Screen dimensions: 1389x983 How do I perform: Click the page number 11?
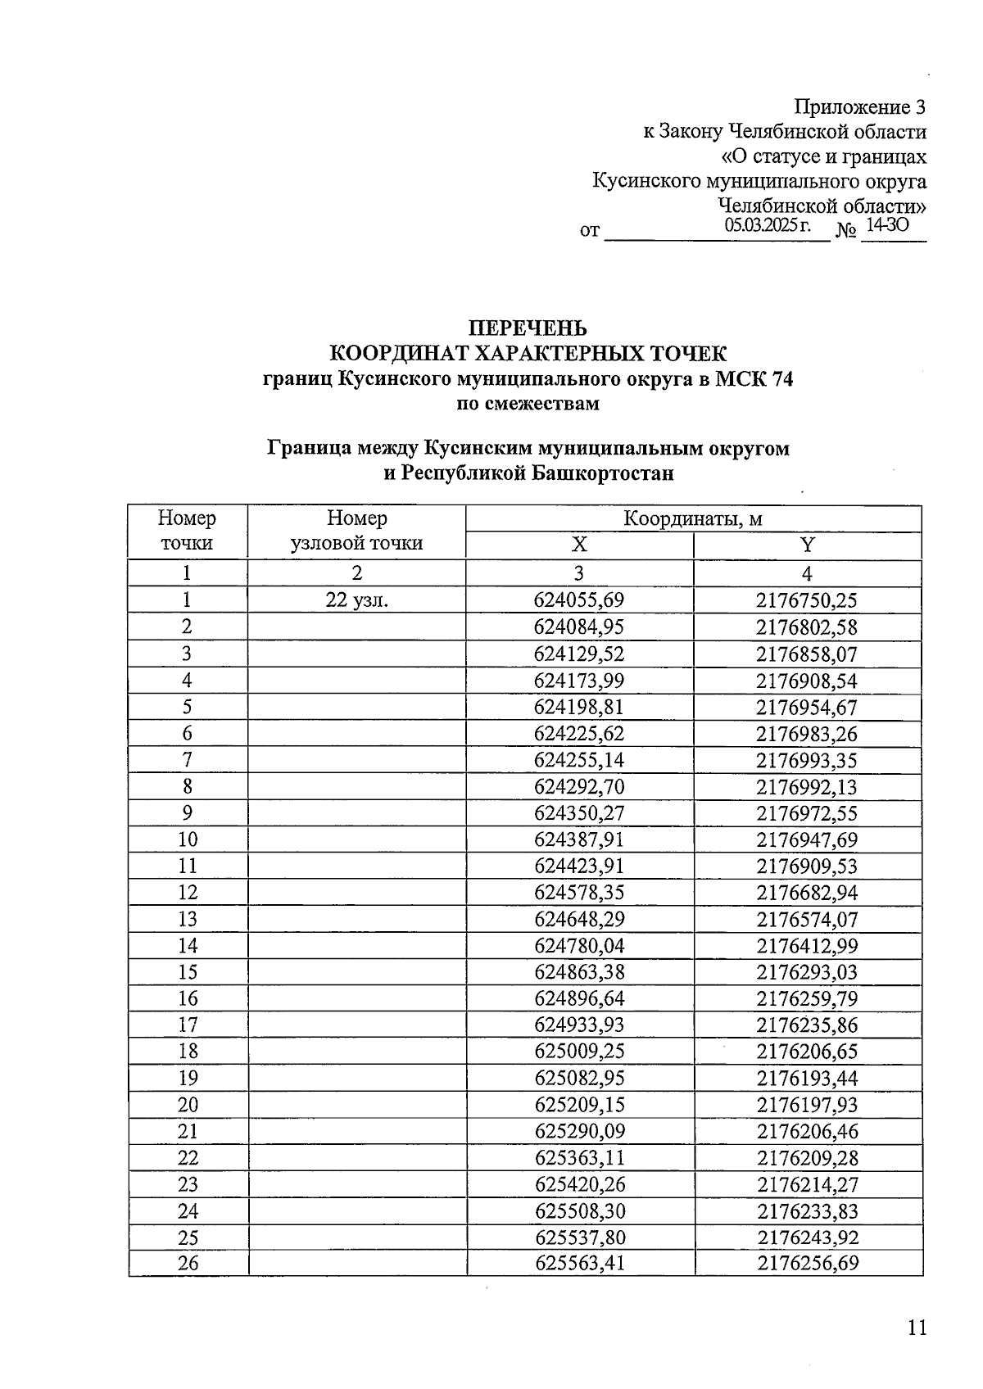click(x=917, y=1328)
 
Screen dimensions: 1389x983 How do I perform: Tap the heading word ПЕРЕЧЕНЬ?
click(x=528, y=328)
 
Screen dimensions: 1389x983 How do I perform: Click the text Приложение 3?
click(x=860, y=107)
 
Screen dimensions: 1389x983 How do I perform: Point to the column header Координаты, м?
click(x=693, y=519)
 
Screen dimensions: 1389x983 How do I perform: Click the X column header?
click(x=579, y=545)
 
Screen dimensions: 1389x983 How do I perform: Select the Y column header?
click(x=807, y=545)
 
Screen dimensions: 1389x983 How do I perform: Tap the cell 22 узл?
click(x=356, y=600)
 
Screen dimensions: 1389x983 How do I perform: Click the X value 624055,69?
click(x=579, y=600)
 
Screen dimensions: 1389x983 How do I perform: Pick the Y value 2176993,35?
click(x=807, y=760)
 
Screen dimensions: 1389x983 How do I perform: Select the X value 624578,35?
click(x=579, y=893)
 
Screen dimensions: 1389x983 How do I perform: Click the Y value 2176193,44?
click(x=807, y=1078)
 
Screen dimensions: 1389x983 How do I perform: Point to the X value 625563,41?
click(x=579, y=1263)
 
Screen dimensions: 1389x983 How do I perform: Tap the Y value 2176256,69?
click(x=807, y=1263)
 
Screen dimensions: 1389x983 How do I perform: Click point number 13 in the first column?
click(x=188, y=919)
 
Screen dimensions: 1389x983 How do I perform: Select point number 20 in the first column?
click(x=188, y=1105)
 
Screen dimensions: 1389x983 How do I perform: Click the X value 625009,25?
click(x=579, y=1052)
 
